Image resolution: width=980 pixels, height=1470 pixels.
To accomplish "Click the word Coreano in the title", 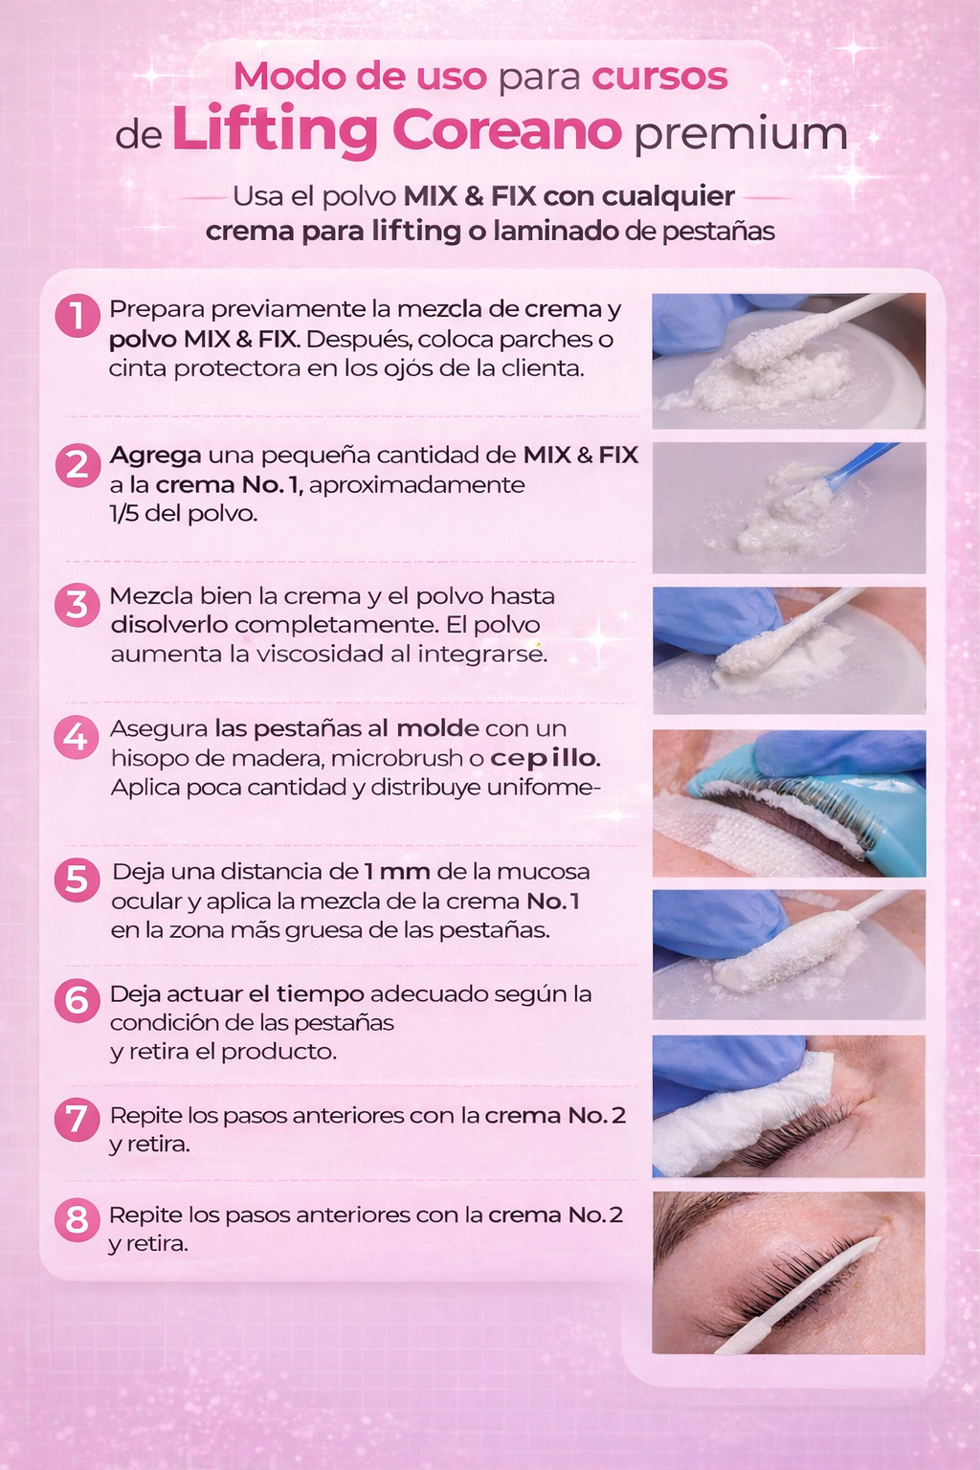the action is [506, 129].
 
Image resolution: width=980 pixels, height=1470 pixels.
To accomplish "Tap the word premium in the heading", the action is [741, 135].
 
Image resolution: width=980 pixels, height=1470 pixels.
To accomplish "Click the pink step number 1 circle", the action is [78, 316].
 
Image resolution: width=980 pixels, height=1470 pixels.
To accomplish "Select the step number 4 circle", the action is [77, 737].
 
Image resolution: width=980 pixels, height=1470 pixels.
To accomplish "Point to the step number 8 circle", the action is [77, 1220].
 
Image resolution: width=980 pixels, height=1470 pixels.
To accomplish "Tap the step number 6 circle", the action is [77, 1000].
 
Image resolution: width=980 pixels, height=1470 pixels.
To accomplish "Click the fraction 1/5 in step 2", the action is [123, 513].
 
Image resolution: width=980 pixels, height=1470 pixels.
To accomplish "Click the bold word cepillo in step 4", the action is [545, 758].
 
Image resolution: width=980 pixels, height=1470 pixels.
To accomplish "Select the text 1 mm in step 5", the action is [397, 872].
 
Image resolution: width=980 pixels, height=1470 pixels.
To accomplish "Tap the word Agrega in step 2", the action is [156, 457].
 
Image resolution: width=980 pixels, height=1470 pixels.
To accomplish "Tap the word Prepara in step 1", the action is [156, 309].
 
